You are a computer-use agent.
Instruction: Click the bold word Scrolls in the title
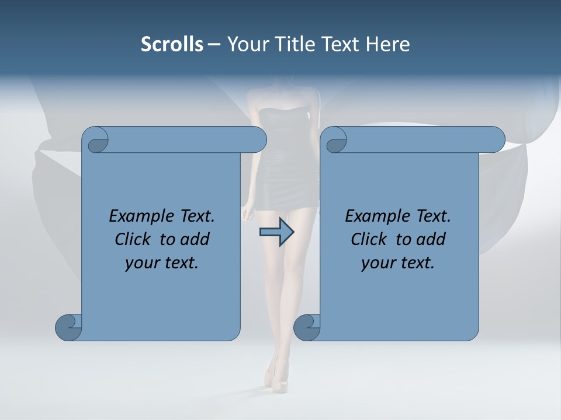(172, 44)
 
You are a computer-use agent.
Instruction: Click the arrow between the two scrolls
(276, 233)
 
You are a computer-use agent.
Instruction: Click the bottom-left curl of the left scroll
(69, 327)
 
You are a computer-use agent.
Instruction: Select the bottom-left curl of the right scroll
(307, 327)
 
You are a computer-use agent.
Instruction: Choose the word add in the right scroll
(430, 239)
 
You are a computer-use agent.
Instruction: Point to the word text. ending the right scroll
(416, 263)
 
